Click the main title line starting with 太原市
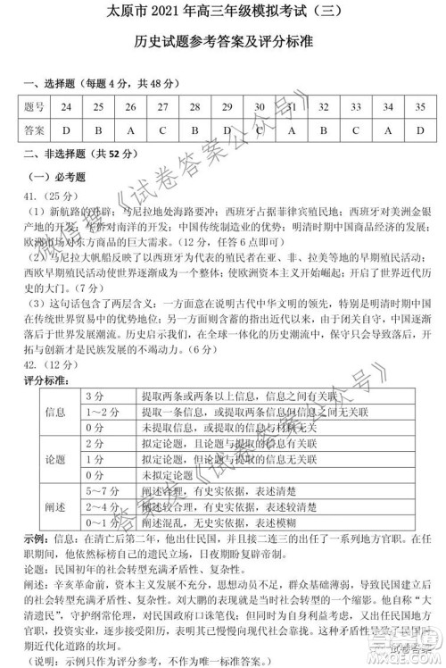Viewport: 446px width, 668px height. [x=223, y=16]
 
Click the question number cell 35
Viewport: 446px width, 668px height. [x=419, y=107]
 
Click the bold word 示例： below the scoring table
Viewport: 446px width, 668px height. [x=36, y=541]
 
